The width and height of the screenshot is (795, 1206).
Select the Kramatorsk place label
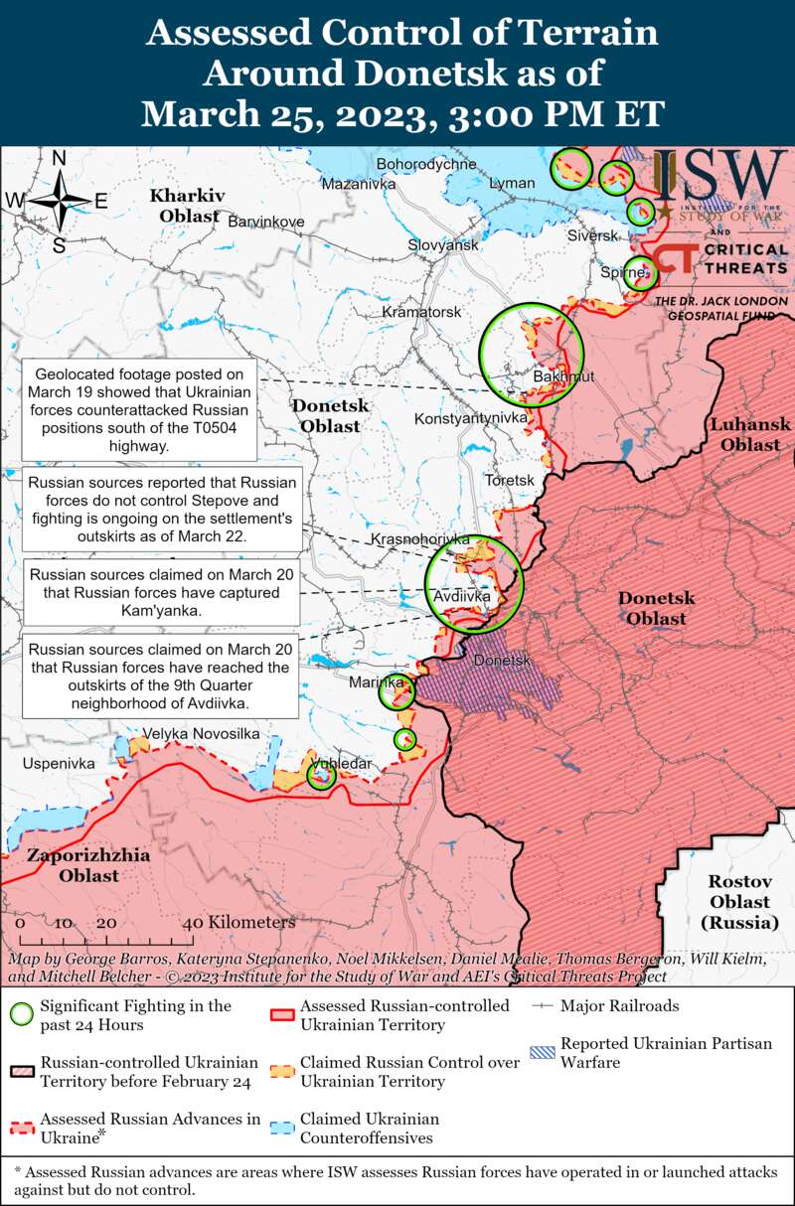click(422, 312)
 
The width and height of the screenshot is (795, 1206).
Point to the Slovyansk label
click(443, 244)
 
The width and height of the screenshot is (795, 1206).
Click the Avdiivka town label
click(462, 597)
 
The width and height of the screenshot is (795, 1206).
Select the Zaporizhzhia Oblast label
click(88, 865)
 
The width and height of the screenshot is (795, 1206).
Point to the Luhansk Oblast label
click(750, 435)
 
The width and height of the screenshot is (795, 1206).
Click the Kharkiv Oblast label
click(188, 205)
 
